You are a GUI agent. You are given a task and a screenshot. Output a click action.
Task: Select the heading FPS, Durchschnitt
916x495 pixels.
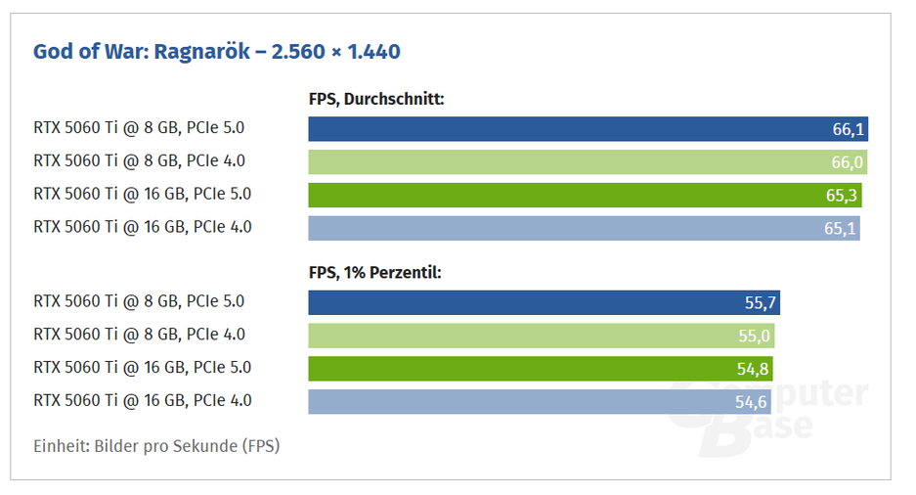coord(376,98)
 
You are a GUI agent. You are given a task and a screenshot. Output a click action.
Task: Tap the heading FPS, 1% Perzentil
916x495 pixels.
coord(374,272)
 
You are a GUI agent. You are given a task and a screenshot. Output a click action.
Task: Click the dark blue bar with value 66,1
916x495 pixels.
coord(567,129)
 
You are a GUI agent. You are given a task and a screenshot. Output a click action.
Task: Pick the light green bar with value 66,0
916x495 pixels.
coord(567,161)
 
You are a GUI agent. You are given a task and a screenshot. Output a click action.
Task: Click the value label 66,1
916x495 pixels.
coord(846,130)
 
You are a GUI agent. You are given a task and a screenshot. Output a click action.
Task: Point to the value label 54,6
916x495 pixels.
coord(752,401)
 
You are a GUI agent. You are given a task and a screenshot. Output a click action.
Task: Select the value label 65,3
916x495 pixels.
coord(841,196)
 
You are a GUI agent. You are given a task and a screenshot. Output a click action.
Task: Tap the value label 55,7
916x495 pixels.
coord(760,303)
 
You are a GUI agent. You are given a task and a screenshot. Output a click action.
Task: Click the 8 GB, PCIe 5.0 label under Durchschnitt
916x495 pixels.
coord(139,128)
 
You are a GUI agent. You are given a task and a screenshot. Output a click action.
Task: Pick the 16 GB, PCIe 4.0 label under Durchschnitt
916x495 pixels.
coord(143,227)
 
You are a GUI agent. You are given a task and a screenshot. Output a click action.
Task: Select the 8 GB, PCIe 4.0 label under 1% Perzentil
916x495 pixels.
coord(139,335)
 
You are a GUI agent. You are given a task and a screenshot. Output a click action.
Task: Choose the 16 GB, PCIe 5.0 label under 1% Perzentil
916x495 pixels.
coord(143,368)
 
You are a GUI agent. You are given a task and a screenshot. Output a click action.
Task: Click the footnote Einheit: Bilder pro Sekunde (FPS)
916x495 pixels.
coord(156,446)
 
